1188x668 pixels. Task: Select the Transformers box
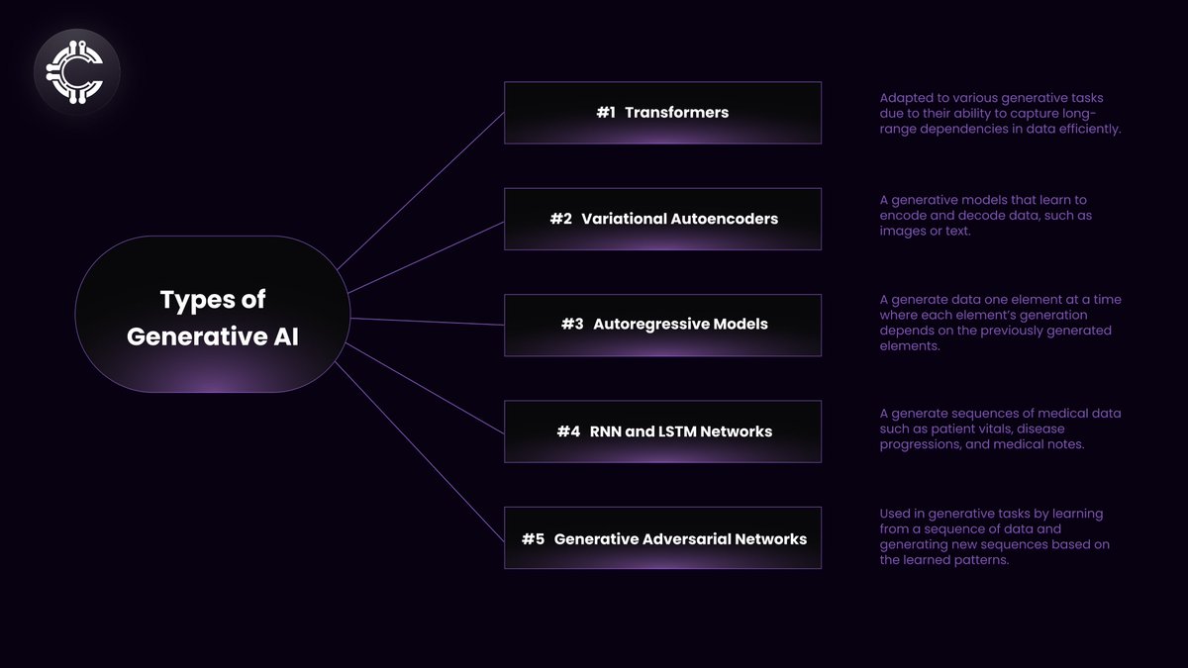point(662,113)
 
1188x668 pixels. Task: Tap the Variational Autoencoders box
point(662,219)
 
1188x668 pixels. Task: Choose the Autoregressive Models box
point(662,325)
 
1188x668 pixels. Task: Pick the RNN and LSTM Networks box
point(662,431)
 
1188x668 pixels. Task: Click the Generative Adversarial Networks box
point(662,538)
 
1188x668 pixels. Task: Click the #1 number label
point(606,113)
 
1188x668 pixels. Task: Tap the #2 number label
point(561,219)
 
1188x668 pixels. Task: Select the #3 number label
point(572,325)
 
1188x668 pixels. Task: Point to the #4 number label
point(568,431)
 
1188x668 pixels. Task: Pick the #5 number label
point(534,539)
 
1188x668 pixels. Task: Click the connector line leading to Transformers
point(421,189)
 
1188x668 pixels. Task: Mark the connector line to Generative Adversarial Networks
point(421,449)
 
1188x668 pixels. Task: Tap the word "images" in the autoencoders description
point(901,233)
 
